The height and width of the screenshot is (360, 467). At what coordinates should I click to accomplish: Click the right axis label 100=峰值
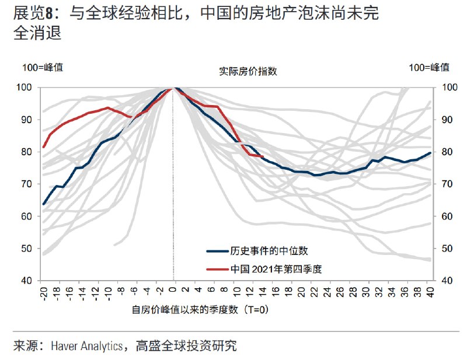pos(429,67)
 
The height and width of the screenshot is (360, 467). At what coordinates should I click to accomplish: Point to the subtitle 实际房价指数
pos(248,72)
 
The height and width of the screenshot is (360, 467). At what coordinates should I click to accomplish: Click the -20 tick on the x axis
pos(43,291)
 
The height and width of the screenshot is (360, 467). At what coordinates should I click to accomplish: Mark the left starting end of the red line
pos(44,147)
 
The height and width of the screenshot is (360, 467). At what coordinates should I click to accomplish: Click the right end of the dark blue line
pos(431,153)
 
